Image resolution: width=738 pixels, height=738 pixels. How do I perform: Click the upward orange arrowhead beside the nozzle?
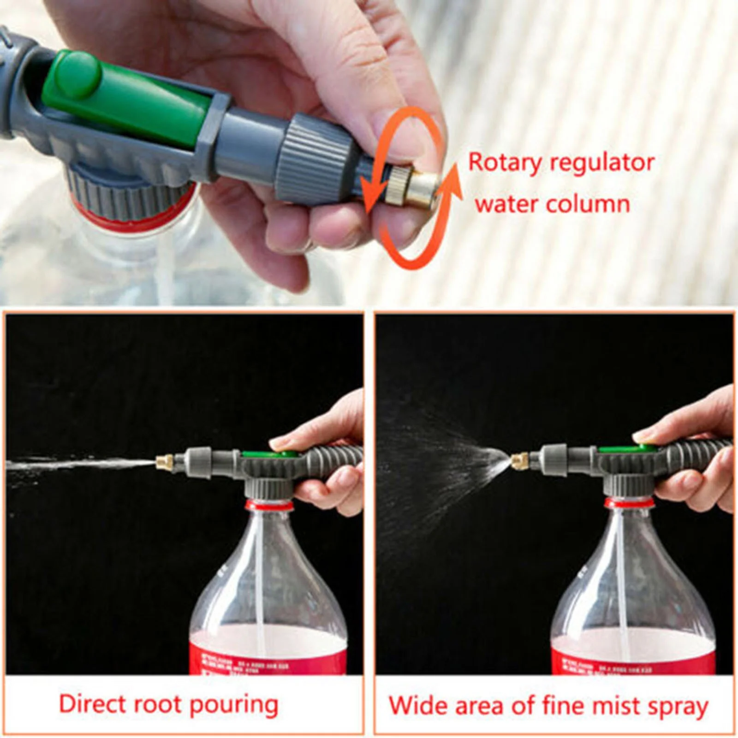tap(454, 178)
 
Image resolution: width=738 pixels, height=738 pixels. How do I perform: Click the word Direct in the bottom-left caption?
tap(93, 704)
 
